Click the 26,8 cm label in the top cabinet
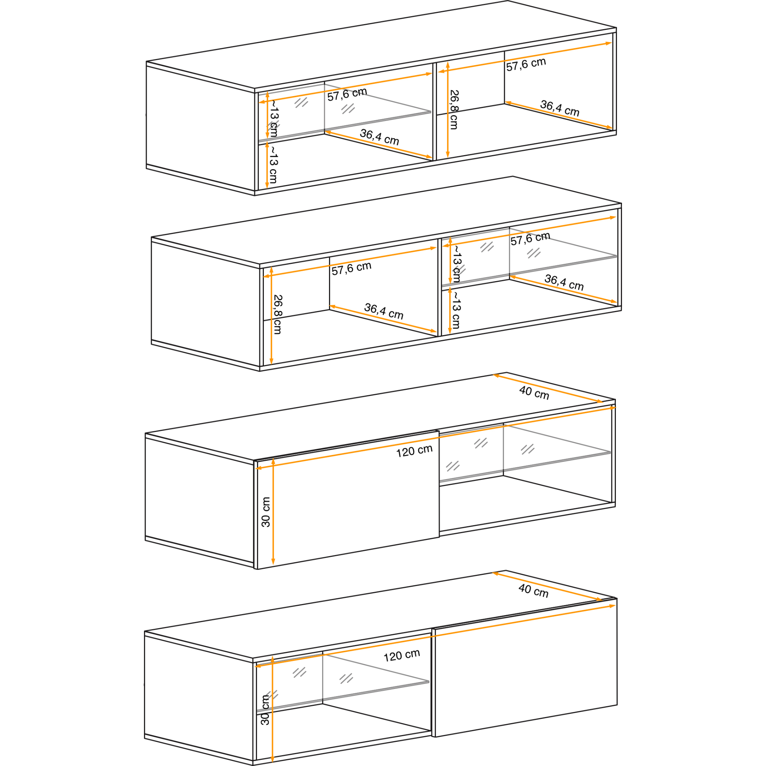(454, 110)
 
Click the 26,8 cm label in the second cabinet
(278, 314)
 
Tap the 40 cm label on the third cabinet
(534, 393)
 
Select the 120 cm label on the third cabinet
(414, 451)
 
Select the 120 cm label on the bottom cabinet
(402, 655)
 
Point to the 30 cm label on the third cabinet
(266, 512)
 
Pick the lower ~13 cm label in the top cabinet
(273, 164)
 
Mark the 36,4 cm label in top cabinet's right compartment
(560, 108)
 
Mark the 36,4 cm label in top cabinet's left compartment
(379, 137)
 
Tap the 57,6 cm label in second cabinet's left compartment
(351, 268)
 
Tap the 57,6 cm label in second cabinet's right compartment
(530, 238)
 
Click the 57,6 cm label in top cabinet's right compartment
(526, 64)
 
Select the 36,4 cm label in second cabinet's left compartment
(383, 311)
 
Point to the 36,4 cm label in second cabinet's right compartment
(564, 282)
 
